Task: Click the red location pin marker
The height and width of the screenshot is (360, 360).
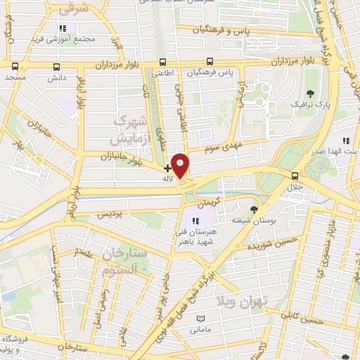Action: coord(181,166)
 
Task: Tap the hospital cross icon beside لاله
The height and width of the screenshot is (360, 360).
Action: coord(167,168)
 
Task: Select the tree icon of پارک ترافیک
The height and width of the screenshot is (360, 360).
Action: coord(311,94)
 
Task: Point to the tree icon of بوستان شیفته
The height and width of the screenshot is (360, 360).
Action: coord(254,209)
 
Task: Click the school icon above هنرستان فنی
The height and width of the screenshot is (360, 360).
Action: coord(195,222)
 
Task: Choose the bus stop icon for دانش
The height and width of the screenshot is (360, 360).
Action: coord(57,67)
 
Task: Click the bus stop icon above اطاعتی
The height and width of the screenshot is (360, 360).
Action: coord(163,62)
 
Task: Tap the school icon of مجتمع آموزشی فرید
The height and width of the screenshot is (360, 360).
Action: coord(63,28)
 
